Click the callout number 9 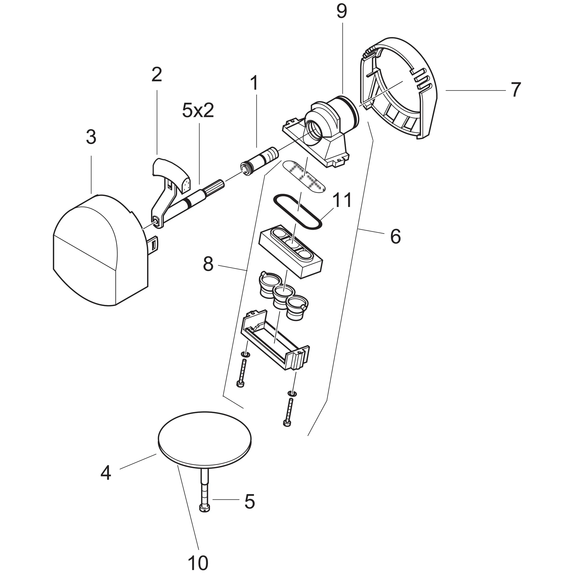[x=342, y=12]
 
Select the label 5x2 [x=198, y=111]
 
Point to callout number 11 [x=342, y=200]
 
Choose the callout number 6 [x=395, y=237]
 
